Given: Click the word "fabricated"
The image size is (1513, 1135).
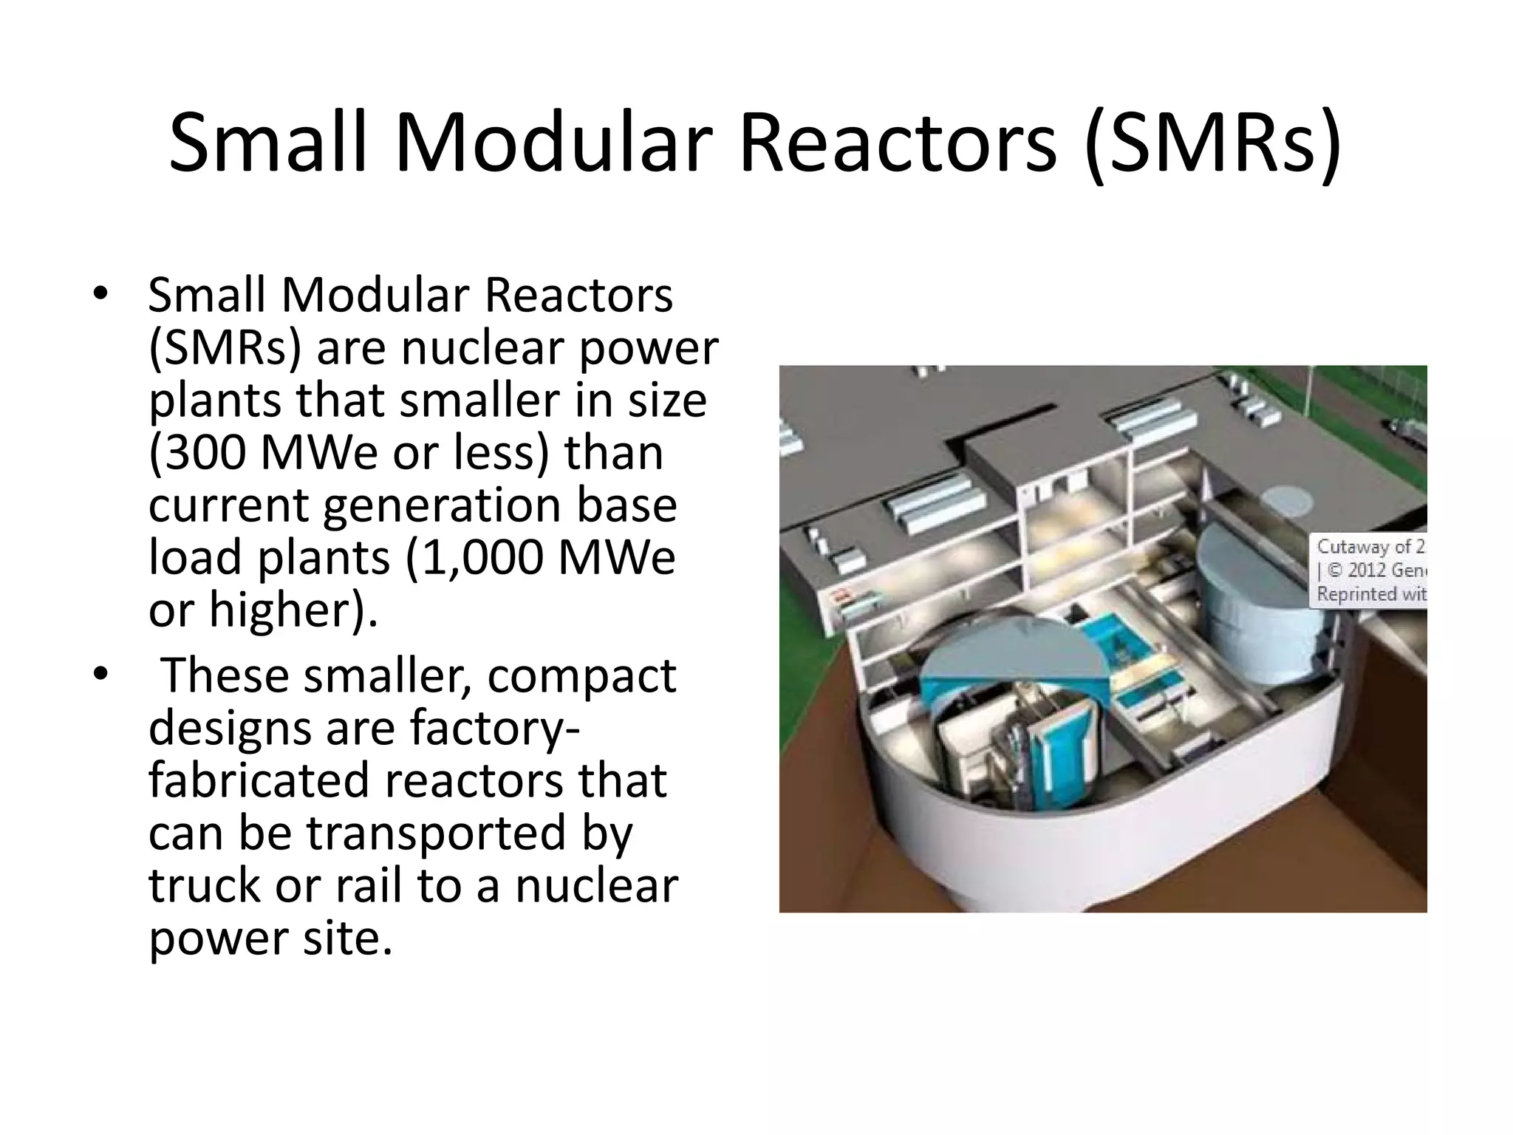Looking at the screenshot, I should click(x=256, y=780).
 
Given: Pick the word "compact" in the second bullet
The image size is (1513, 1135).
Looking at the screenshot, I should click(x=581, y=676).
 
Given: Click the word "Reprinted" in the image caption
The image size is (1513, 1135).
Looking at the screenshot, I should click(x=1357, y=594).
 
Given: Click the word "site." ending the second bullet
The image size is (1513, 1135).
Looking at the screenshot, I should click(x=346, y=938).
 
